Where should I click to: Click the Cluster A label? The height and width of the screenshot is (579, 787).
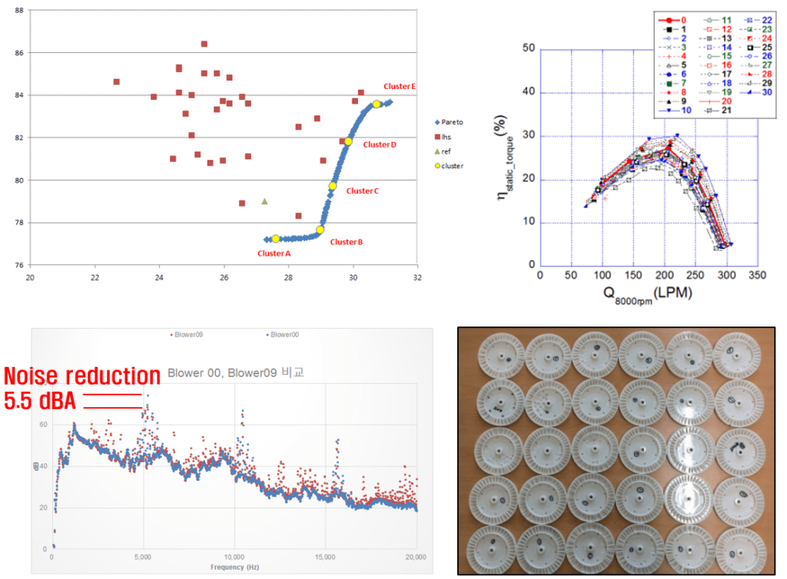pos(274,253)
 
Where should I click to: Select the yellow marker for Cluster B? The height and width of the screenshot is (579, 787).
pos(320,230)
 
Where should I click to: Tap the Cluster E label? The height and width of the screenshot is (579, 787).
pos(400,87)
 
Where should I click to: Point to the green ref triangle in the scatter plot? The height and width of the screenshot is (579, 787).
pos(264,201)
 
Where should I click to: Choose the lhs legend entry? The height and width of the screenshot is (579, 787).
pos(447,137)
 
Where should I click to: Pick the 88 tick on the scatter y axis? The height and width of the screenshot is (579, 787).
pos(19,11)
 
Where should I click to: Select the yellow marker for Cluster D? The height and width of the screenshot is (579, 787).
pos(348,141)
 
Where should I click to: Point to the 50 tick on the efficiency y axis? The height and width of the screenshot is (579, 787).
pos(530,48)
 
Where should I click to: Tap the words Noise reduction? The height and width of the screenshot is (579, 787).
pos(81,376)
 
